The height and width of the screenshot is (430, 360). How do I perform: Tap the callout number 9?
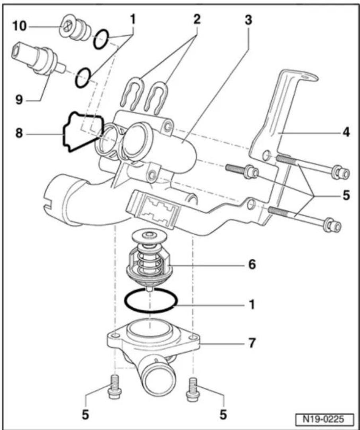[x=19, y=100]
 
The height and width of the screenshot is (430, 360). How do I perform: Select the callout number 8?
[x=19, y=134]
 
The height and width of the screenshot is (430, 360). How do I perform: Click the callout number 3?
[x=248, y=20]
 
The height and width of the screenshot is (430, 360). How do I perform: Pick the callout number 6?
[x=252, y=265]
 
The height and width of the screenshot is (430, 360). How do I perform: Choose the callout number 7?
[x=252, y=343]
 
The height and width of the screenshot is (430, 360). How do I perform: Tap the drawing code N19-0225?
[x=323, y=419]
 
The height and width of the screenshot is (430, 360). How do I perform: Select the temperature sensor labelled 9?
[x=38, y=59]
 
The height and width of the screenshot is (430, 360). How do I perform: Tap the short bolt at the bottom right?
[x=193, y=389]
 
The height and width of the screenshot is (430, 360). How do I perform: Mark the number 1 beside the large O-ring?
[x=252, y=304]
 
